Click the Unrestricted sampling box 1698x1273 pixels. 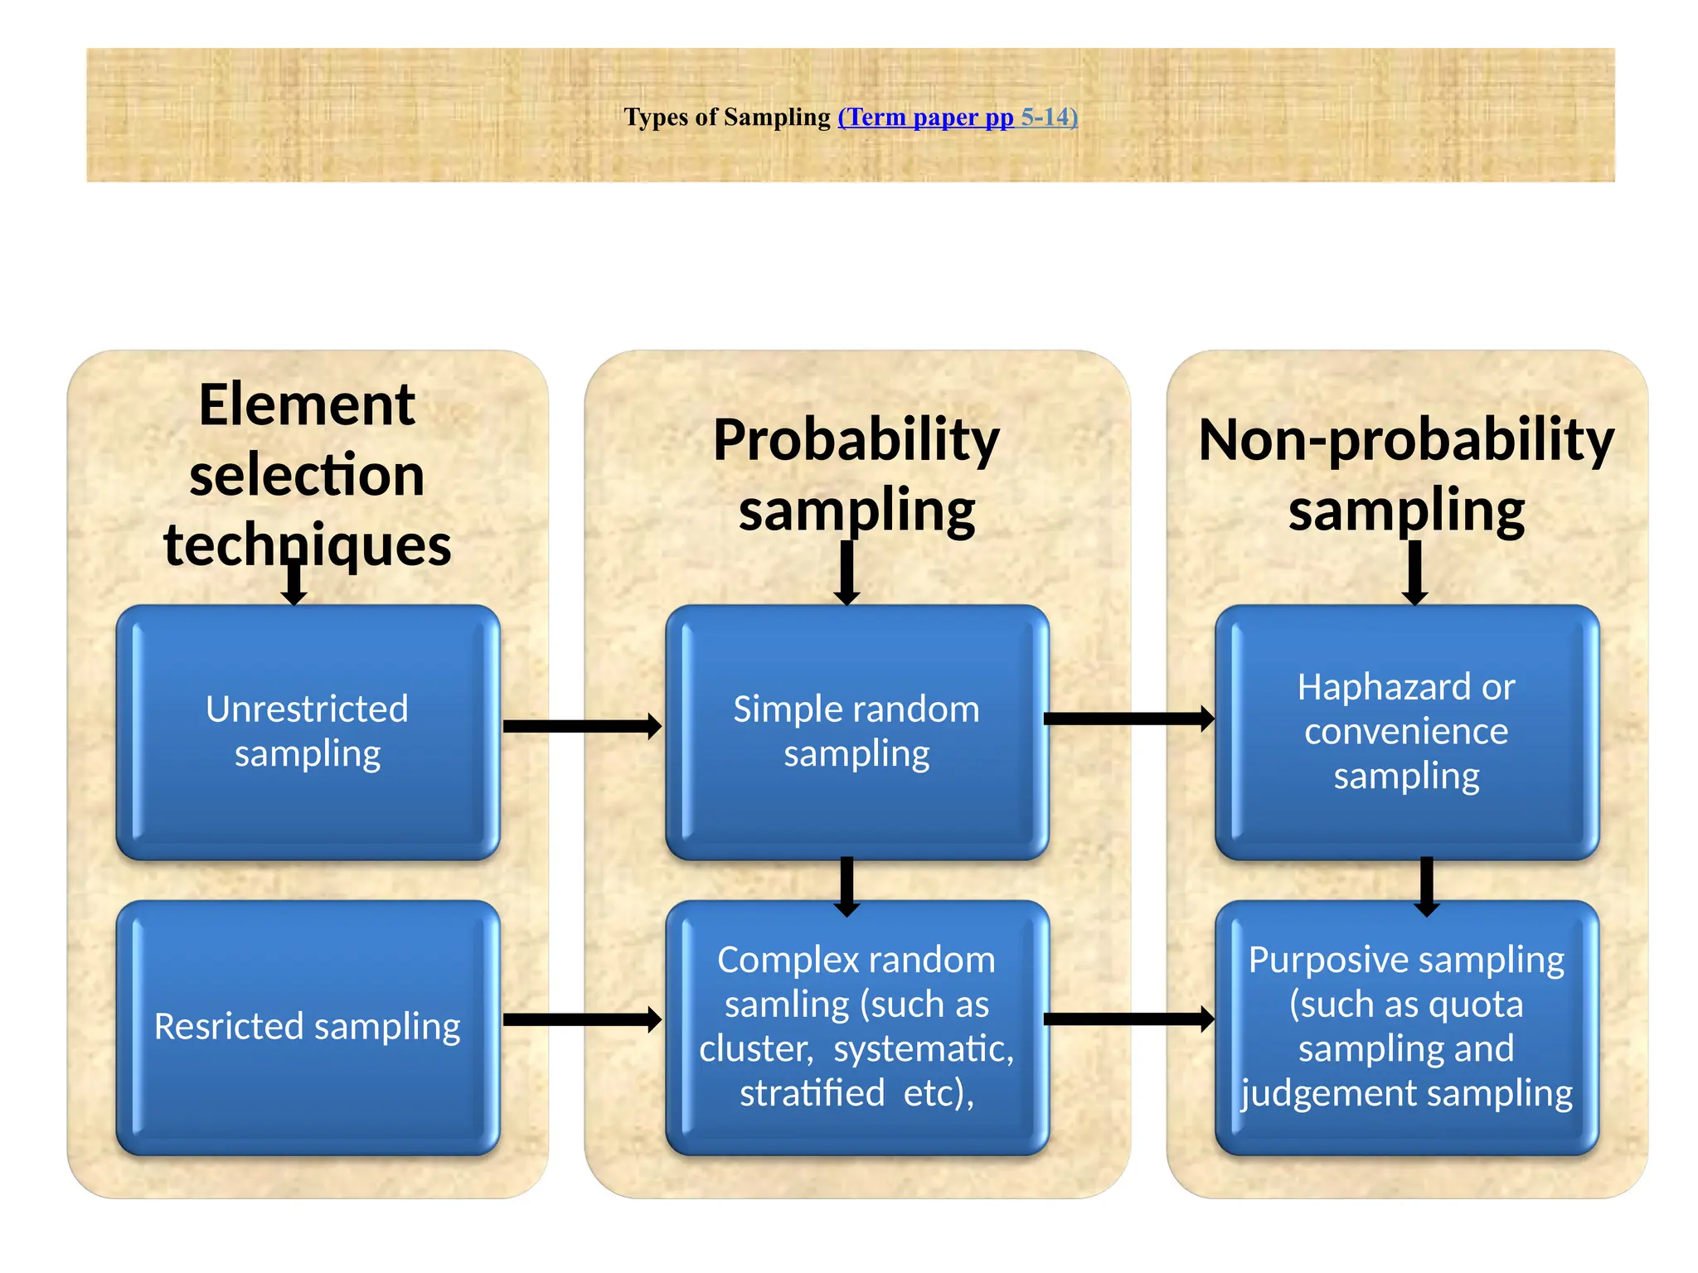point(308,731)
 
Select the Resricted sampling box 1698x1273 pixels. point(308,1027)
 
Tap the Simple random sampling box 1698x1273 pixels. point(856,731)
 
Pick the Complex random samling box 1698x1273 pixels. point(856,1027)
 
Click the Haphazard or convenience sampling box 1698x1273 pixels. point(1406,731)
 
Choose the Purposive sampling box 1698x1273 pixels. point(1406,1027)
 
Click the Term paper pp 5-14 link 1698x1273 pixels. point(958,117)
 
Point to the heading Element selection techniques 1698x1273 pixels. point(308,474)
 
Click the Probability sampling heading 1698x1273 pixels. point(856,474)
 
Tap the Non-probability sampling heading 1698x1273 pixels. point(1406,474)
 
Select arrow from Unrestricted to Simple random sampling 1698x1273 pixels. point(582,726)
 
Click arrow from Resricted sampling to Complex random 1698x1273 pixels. point(582,1019)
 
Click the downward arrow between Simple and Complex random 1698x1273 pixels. point(847,885)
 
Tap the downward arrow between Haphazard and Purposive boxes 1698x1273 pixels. point(1426,885)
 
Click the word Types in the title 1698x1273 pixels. point(655,117)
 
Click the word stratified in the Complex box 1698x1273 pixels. point(812,1092)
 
